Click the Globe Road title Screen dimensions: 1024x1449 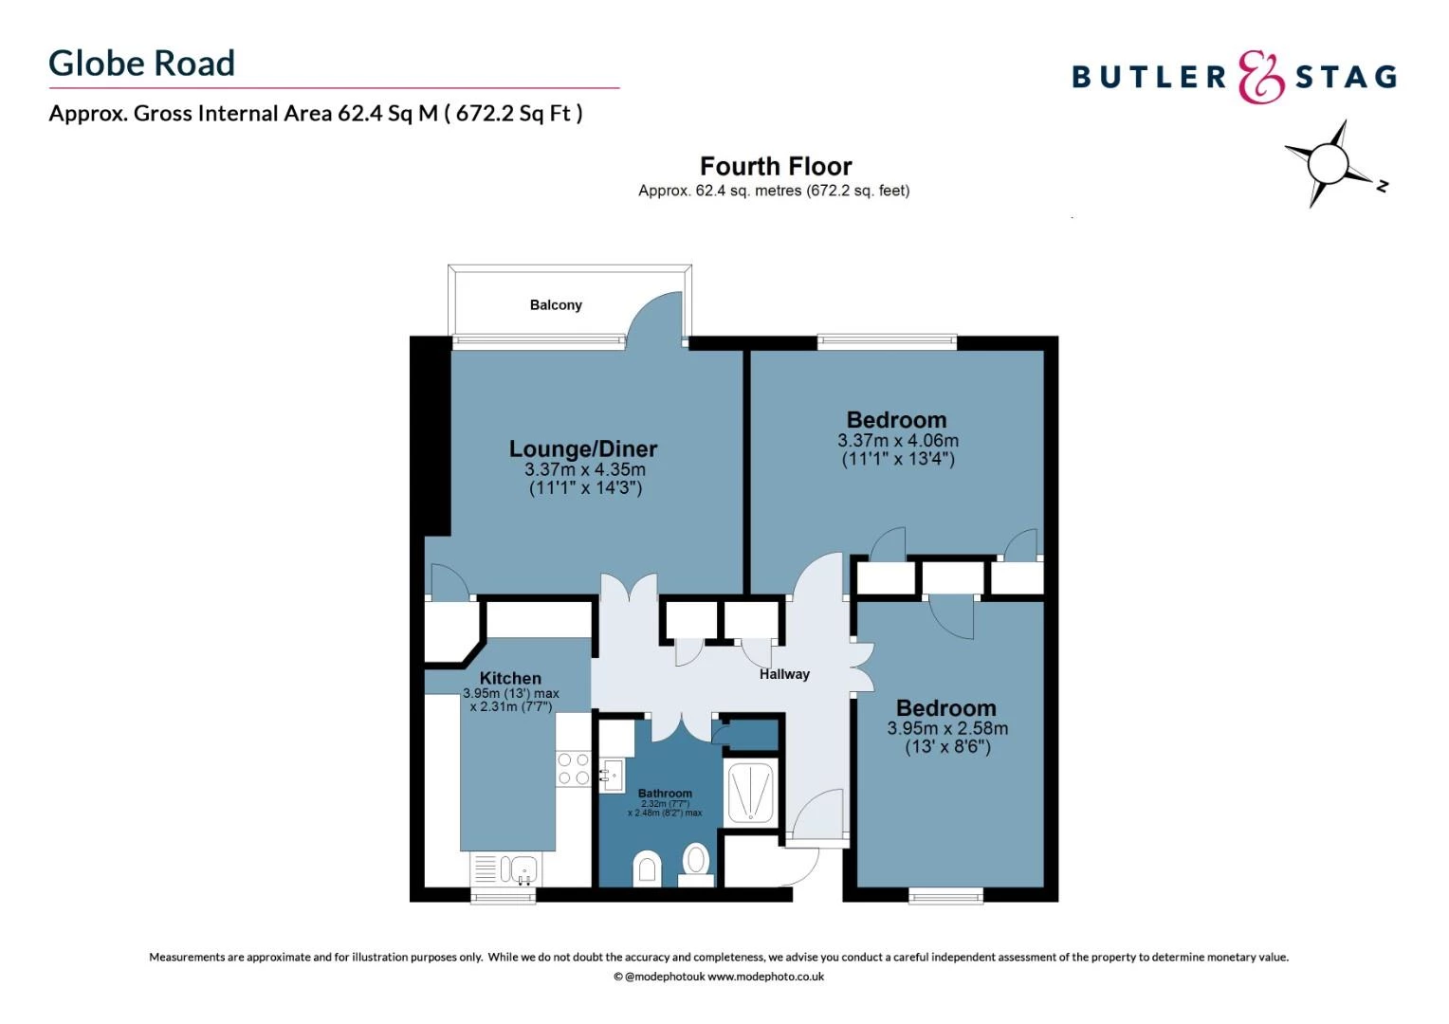141,64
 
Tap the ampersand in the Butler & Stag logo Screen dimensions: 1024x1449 1260,78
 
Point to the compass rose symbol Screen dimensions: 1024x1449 1328,164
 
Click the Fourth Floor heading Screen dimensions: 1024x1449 775,166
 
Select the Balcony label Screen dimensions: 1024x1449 556,305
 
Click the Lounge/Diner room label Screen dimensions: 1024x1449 582,448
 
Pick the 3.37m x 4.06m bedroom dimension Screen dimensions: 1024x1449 897,441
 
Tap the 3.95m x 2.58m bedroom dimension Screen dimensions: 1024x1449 946,728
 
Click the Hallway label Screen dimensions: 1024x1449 784,674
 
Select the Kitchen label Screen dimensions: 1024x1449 510,678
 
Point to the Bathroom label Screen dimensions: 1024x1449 665,793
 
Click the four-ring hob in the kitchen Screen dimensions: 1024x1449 573,769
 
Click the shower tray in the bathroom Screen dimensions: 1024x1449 750,793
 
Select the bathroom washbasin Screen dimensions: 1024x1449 611,775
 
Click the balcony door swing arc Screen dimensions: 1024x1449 656,317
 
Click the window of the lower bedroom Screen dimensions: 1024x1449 945,894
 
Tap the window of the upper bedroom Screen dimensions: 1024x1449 887,341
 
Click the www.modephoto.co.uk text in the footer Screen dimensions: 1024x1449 765,977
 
